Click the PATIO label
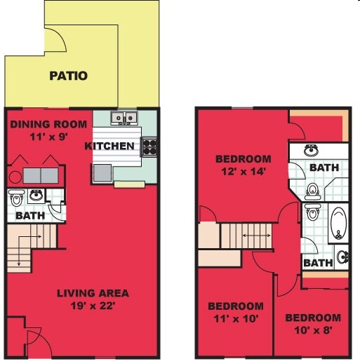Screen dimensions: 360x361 coord(69,76)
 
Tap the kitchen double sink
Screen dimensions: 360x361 coord(124,118)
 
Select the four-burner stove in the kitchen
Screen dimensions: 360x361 coord(149,147)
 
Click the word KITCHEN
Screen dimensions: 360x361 coord(109,146)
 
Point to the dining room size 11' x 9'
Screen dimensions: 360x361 coord(48,137)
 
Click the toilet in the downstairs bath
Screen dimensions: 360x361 coord(16,198)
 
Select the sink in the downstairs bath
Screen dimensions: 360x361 coord(36,196)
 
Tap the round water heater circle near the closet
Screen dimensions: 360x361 coord(15,177)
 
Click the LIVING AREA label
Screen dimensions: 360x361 coord(93,293)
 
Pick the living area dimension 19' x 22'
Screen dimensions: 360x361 coord(93,306)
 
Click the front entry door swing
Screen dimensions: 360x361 coord(39,342)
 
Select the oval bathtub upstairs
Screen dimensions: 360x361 coord(339,224)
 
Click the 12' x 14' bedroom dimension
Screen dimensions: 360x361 coord(244,172)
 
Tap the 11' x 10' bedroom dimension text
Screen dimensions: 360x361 coord(236,318)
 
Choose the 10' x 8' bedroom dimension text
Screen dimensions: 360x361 coord(313,330)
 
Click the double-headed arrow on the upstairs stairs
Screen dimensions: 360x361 coord(257,236)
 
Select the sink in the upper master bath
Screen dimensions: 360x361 coord(311,150)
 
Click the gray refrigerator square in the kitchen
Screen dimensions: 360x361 coord(102,173)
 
